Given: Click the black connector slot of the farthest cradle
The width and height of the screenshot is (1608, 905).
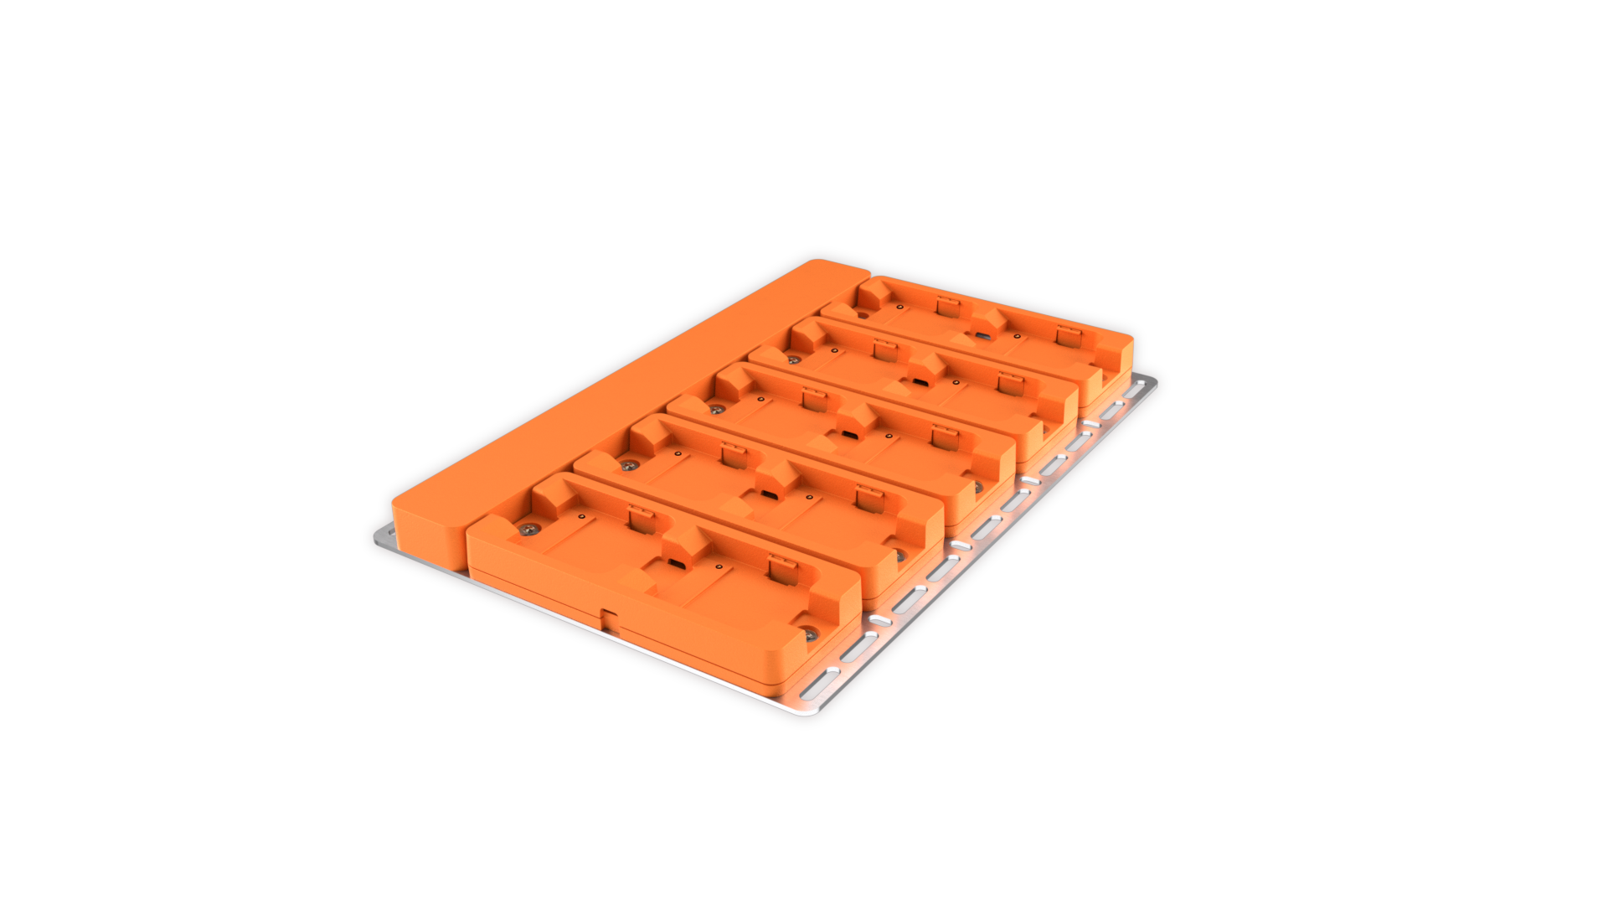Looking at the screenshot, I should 982,336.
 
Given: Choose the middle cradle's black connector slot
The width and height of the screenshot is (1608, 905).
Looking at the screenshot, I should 848,435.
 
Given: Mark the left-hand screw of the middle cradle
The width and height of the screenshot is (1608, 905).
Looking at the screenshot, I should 716,409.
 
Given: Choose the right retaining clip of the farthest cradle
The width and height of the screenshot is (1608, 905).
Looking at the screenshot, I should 1066,335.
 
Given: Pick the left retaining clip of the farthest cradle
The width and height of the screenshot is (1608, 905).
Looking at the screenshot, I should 947,306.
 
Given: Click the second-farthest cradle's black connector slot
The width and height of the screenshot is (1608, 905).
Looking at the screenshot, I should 919,383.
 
